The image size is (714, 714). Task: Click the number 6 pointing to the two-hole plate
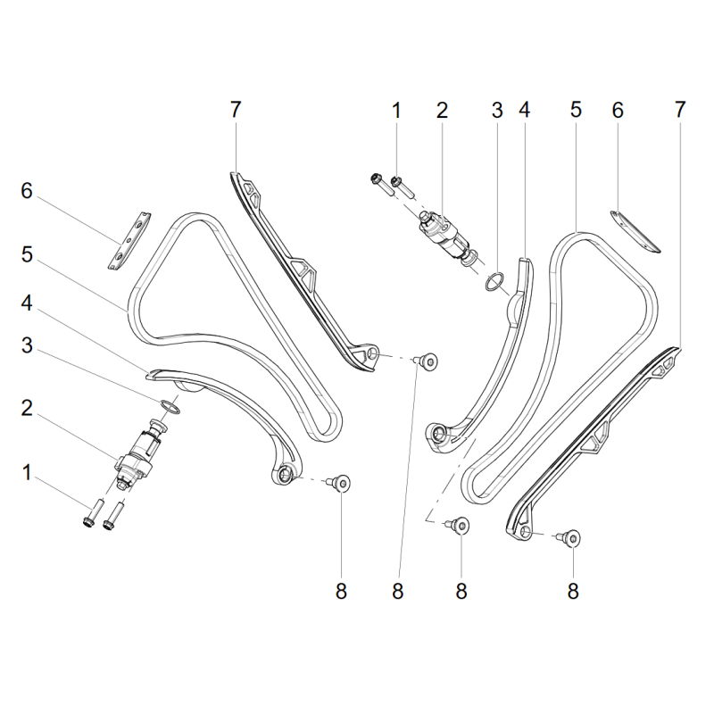28,191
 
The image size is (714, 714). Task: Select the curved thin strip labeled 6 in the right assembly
633,229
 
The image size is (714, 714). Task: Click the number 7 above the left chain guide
235,111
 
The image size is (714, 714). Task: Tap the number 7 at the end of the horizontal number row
680,111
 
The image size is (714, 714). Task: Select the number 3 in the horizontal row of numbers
498,111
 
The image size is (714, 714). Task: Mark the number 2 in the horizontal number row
441,111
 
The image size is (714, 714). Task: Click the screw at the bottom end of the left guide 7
429,361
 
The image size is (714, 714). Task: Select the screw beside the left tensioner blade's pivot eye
340,483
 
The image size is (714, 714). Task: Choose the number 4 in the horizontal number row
525,111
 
